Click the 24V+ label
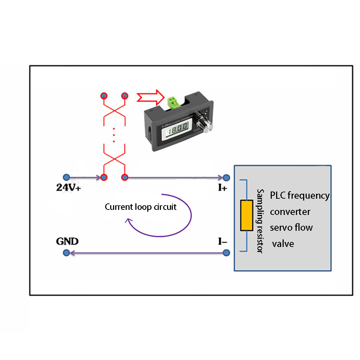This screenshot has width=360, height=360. pyautogui.click(x=68, y=188)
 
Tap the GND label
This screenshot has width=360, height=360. pyautogui.click(x=67, y=241)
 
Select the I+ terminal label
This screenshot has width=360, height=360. pyautogui.click(x=222, y=188)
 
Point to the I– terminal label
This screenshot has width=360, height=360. pyautogui.click(x=222, y=242)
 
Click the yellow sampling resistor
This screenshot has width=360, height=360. pyautogui.click(x=247, y=215)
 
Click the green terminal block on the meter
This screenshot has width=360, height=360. pyautogui.click(x=173, y=102)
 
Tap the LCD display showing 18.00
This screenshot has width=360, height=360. pyautogui.click(x=177, y=128)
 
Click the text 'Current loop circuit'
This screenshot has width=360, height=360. pyautogui.click(x=140, y=207)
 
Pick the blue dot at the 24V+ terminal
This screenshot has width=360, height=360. pyautogui.click(x=66, y=177)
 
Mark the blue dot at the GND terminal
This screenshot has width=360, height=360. pyautogui.click(x=66, y=254)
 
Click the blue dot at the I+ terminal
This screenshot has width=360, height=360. pyautogui.click(x=226, y=177)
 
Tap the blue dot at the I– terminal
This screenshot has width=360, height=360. pyautogui.click(x=226, y=254)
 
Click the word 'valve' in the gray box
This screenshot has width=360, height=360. pyautogui.click(x=283, y=244)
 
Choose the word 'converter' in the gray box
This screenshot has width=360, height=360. pyautogui.click(x=290, y=212)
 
